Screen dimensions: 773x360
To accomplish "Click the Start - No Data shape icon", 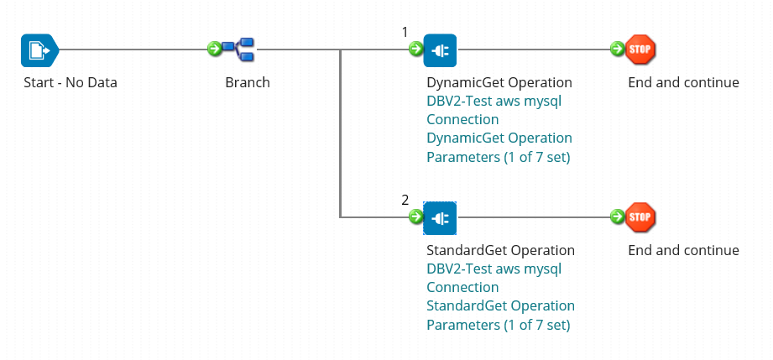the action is pos(39,50).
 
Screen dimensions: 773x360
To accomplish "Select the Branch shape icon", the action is pos(238,50).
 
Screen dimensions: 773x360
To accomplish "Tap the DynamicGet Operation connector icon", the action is pos(440,50).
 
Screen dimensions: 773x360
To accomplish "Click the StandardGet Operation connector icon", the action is pos(440,217).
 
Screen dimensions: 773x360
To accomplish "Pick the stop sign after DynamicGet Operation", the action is pos(640,50).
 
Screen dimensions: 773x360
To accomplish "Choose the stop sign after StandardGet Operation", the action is pos(640,217).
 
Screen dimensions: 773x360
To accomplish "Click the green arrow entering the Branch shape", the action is pos(215,49).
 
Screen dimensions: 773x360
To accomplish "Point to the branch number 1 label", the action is pos(405,33).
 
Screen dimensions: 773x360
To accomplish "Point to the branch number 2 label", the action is pos(405,201).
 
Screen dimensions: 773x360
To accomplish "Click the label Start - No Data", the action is pos(71,82).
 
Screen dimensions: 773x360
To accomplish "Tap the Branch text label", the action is pos(248,82).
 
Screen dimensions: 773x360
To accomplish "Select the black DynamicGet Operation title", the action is pos(499,82).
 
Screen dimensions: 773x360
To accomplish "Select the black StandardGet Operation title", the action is pos(500,250).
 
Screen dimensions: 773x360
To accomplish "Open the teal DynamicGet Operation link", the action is pos(499,138).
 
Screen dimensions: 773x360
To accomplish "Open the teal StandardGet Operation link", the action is pos(500,305).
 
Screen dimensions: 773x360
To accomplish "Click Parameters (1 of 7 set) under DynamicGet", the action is pos(499,158).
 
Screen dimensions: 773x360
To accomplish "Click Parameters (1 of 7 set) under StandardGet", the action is pos(499,326).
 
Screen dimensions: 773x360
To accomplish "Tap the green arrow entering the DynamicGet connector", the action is pos(416,49).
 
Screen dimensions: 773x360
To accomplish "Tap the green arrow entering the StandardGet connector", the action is pos(416,217).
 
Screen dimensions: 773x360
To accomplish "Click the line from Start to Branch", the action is pos(133,50).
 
